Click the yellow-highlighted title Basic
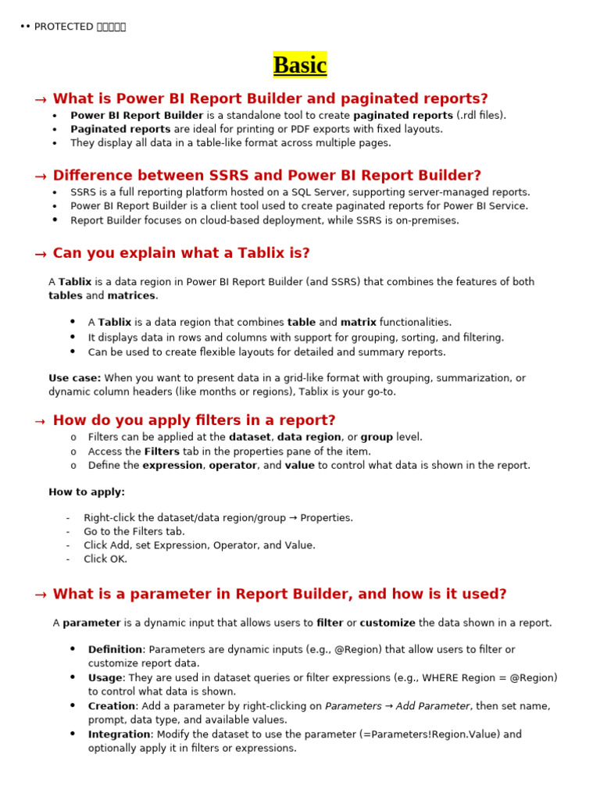pos(300,66)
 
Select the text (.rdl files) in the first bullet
pos(481,116)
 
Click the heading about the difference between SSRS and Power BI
pos(266,176)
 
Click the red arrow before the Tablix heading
pos(41,255)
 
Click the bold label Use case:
pos(74,378)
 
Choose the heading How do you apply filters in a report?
pos(194,420)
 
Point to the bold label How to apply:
pos(87,492)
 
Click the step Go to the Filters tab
pos(134,532)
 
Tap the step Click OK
pos(105,559)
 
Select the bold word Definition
pos(115,650)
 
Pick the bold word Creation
pos(111,706)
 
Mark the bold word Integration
pos(119,734)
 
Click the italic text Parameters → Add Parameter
pos(397,706)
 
